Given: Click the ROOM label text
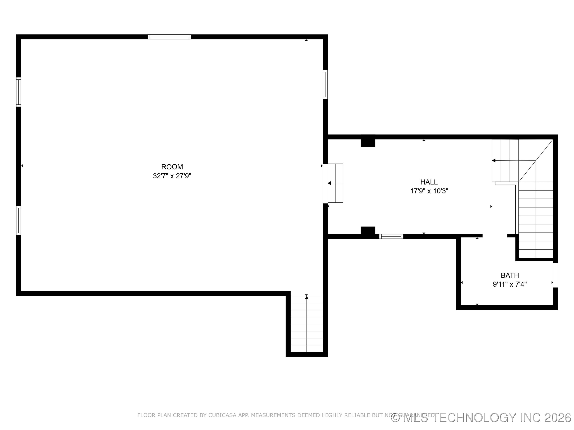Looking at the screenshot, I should point(172,167).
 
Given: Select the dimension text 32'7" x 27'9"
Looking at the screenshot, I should point(172,176).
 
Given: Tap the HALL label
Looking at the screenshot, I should point(429,182).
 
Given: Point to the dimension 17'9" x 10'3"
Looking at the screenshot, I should point(429,191).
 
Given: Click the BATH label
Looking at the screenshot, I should point(510,275).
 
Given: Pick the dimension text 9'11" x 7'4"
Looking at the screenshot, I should point(510,284).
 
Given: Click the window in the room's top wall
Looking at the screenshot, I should point(169,37).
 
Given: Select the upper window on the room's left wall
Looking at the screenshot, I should point(18,92).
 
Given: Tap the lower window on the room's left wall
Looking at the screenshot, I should point(18,220).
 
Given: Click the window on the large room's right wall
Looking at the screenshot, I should point(325,84).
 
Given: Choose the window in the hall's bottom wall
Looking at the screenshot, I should point(391,236).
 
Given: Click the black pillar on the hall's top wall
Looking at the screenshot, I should point(368,143).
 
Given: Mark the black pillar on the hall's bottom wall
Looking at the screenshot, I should point(368,230).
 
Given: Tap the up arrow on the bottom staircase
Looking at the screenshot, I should point(307,298).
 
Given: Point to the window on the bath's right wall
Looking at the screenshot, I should point(555,275).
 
